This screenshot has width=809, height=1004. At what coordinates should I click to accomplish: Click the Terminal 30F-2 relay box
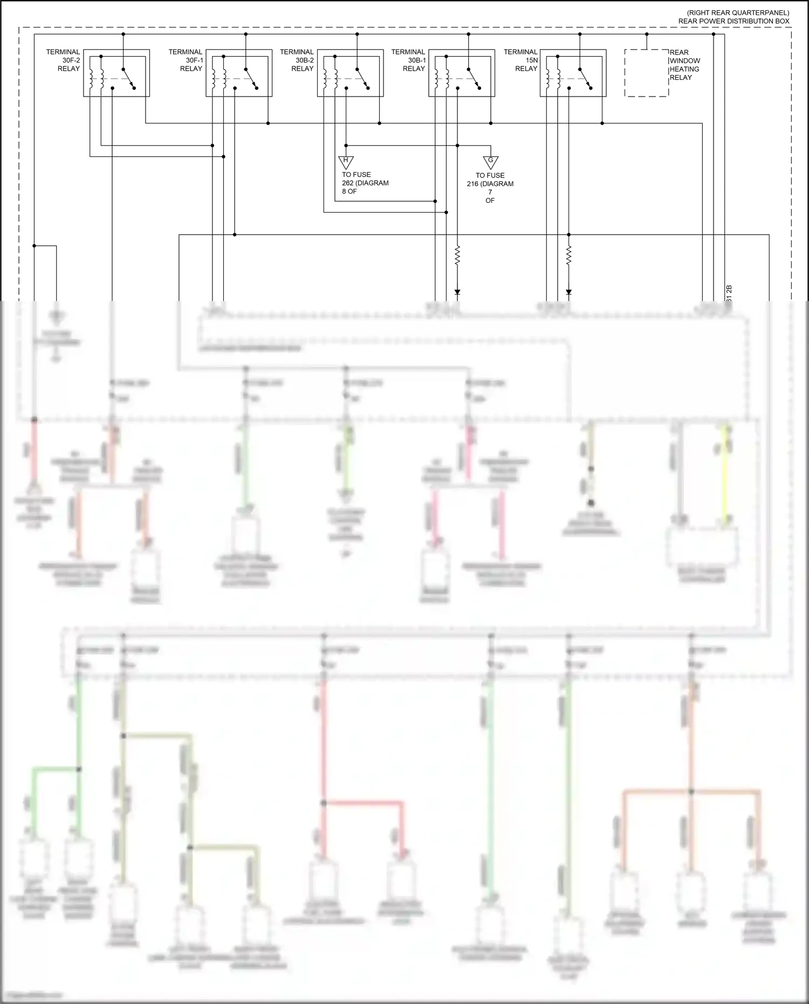[116, 74]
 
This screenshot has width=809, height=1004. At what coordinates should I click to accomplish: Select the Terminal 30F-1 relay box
[239, 74]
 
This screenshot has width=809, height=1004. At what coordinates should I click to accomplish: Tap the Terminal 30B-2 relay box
[351, 74]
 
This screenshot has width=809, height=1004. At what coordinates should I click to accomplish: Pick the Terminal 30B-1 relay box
[462, 74]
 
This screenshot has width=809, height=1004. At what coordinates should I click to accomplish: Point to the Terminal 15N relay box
[573, 74]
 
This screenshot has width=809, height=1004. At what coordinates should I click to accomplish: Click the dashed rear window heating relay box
[647, 73]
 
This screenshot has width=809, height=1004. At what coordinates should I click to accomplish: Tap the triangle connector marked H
[346, 162]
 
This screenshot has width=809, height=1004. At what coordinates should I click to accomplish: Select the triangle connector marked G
[490, 162]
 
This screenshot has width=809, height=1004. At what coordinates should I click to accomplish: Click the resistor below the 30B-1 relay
[457, 256]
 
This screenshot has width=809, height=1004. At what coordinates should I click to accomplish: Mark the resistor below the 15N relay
[568, 256]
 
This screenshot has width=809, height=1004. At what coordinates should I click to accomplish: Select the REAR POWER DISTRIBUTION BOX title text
[733, 21]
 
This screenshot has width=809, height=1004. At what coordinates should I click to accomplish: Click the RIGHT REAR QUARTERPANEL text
[737, 12]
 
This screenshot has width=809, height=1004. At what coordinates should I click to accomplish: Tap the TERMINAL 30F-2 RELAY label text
[64, 60]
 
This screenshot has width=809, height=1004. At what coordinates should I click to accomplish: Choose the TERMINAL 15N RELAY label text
[521, 60]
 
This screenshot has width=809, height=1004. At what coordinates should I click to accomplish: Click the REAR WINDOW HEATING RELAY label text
[684, 65]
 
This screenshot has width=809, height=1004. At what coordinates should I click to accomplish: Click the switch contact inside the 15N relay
[586, 79]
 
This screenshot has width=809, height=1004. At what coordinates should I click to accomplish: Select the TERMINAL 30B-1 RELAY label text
[409, 60]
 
